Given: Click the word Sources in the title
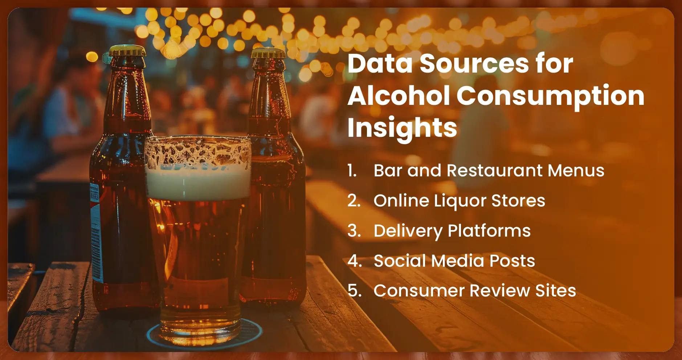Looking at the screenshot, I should [474, 64].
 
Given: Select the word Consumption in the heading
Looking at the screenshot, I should [550, 97].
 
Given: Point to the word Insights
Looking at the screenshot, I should [402, 128].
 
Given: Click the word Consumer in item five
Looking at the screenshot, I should [419, 291].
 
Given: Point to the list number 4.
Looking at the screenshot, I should [354, 261].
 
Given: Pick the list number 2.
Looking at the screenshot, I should [354, 201].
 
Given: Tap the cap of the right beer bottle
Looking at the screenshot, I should [268, 53].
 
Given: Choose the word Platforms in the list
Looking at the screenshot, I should [489, 231].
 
